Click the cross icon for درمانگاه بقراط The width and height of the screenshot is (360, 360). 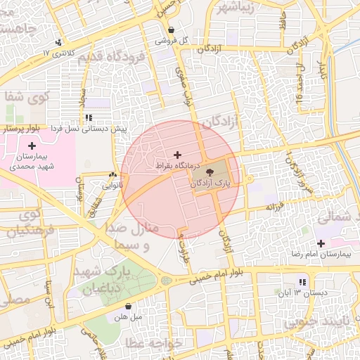click(x=176, y=155)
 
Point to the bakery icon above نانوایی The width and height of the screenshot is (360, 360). click(x=112, y=174)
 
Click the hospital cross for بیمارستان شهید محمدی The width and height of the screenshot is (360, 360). click(x=32, y=145)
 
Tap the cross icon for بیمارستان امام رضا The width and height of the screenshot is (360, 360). click(x=321, y=243)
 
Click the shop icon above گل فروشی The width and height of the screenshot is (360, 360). click(x=171, y=30)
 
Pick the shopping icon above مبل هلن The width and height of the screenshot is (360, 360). click(x=128, y=307)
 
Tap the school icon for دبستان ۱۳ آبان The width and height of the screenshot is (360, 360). click(x=302, y=282)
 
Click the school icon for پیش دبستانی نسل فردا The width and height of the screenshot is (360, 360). click(x=88, y=118)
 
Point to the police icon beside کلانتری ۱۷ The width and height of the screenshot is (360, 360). click(x=58, y=41)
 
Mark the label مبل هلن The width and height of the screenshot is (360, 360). click(x=127, y=317)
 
